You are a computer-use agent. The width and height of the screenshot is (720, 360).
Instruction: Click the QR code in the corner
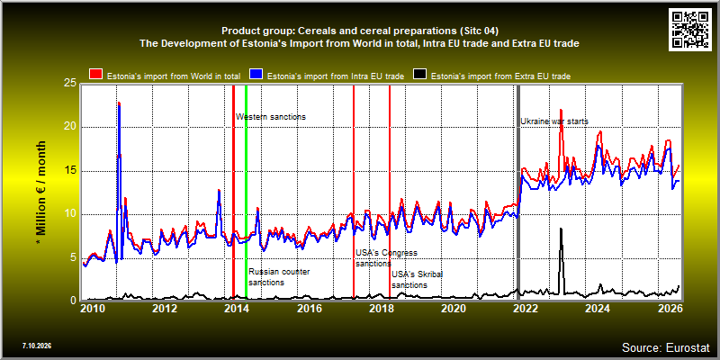pyautogui.click(x=690, y=29)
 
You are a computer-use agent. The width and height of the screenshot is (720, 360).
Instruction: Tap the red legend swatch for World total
pyautogui.click(x=95, y=75)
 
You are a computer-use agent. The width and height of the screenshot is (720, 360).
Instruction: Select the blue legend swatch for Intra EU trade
pyautogui.click(x=256, y=75)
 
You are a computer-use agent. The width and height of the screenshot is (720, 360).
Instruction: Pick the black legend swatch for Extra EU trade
pyautogui.click(x=420, y=75)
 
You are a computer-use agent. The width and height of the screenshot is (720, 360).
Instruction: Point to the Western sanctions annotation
pyautogui.click(x=271, y=117)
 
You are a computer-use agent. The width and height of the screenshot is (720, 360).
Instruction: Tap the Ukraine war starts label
pyautogui.click(x=554, y=121)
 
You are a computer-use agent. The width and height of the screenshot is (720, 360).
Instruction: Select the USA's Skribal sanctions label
pyautogui.click(x=420, y=280)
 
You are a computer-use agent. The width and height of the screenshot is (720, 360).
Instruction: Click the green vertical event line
pyautogui.click(x=246, y=193)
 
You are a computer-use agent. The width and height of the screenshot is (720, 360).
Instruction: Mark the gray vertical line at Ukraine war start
pyautogui.click(x=518, y=193)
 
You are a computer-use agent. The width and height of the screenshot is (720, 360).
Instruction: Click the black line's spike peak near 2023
pyautogui.click(x=561, y=229)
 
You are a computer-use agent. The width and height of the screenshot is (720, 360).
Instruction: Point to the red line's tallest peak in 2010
pyautogui.click(x=119, y=103)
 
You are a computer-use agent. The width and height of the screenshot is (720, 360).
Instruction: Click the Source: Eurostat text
pyautogui.click(x=666, y=346)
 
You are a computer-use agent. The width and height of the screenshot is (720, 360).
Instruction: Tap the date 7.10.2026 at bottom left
pyautogui.click(x=37, y=346)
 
